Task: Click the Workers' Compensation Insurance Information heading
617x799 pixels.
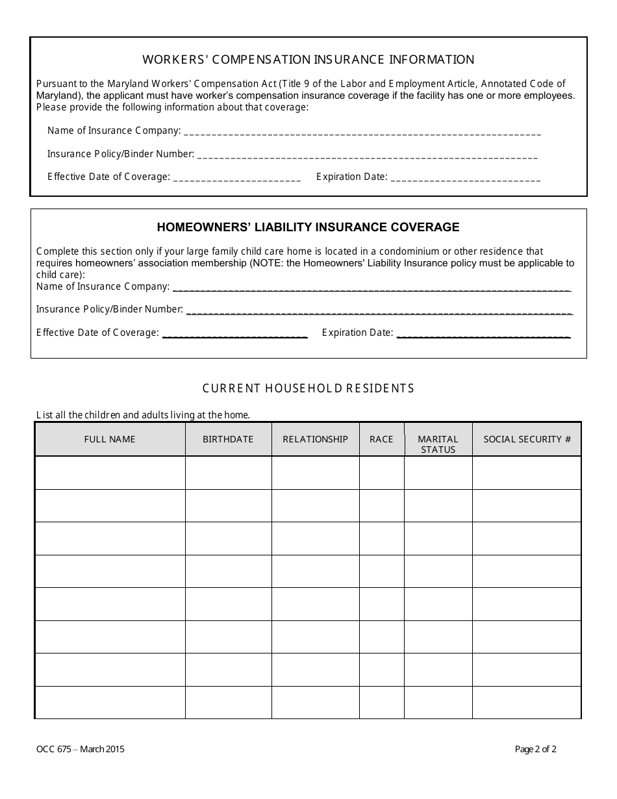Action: [x=308, y=60]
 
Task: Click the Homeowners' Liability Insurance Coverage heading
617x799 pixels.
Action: [x=308, y=227]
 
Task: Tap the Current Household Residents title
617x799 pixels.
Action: [x=308, y=388]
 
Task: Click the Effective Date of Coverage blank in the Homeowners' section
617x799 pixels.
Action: [x=234, y=334]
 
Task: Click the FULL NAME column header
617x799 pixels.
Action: [x=110, y=440]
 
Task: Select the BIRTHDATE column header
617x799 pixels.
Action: [x=228, y=440]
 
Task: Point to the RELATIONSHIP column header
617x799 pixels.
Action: [x=315, y=440]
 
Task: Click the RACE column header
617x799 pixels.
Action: [x=381, y=440]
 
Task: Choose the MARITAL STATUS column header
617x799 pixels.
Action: [x=438, y=444]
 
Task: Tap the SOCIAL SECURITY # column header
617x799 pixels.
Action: [x=527, y=440]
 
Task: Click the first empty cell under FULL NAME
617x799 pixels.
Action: [x=110, y=473]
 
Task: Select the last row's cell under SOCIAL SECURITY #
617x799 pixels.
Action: [x=527, y=702]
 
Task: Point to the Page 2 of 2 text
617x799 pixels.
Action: [x=536, y=749]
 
